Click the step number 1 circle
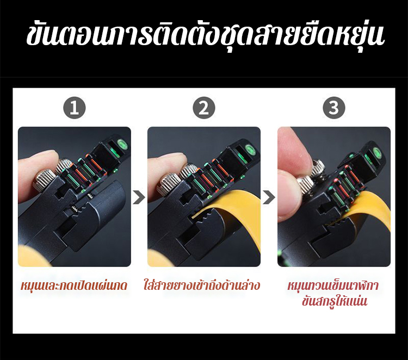coord(75,108)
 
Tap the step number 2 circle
coord(204,108)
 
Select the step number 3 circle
coord(334,108)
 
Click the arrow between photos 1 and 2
coord(139,197)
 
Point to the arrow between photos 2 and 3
coord(269,197)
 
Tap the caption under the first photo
coord(74,285)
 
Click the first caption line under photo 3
coord(333,285)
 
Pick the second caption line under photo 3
coord(335,301)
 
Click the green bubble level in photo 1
coord(122,145)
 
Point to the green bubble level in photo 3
coord(378,152)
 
